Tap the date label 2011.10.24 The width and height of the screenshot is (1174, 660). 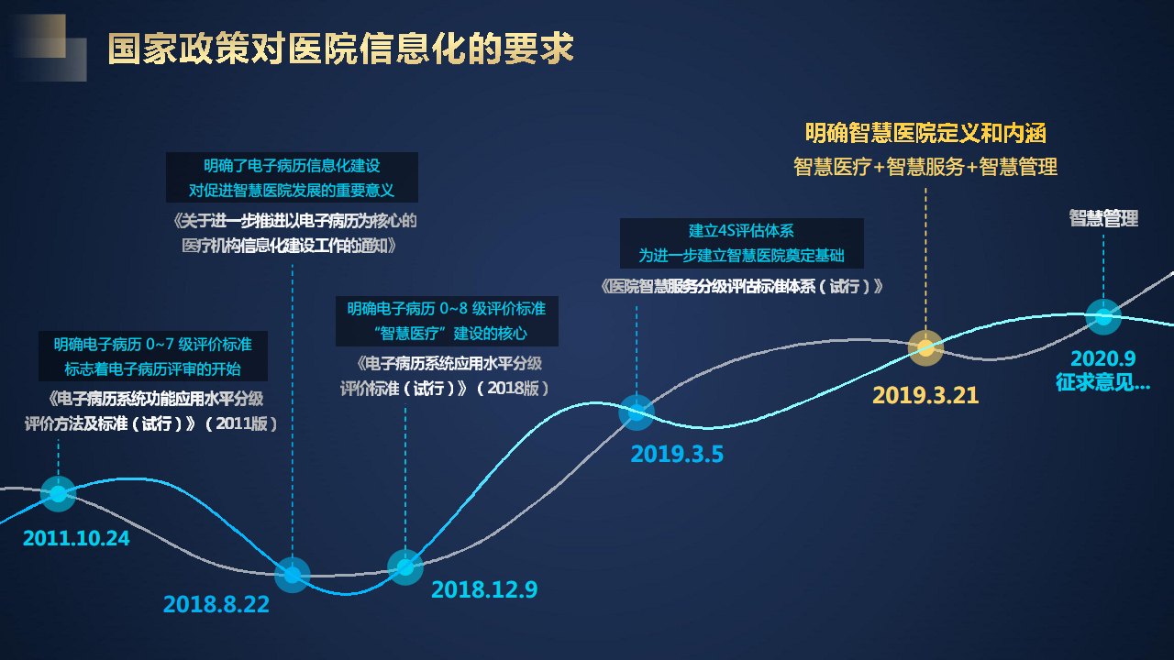pyautogui.click(x=76, y=538)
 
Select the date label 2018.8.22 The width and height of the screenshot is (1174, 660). pyautogui.click(x=216, y=604)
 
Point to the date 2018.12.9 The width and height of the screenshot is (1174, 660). pyautogui.click(x=484, y=589)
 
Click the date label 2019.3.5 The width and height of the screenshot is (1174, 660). pyautogui.click(x=677, y=453)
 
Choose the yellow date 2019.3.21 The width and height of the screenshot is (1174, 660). pyautogui.click(x=925, y=395)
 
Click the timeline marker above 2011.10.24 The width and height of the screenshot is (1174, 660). pyautogui.click(x=58, y=493)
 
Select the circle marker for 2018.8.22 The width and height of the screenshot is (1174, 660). pyautogui.click(x=293, y=575)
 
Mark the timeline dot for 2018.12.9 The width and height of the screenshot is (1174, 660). pyautogui.click(x=405, y=567)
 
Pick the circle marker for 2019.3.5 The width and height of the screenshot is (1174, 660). pyautogui.click(x=637, y=412)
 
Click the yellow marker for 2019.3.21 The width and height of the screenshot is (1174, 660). pyautogui.click(x=925, y=347)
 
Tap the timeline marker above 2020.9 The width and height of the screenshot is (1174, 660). pyautogui.click(x=1103, y=316)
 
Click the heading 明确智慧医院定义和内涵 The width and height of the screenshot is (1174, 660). pyautogui.click(x=925, y=133)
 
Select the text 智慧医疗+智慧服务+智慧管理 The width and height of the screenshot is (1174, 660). pyautogui.click(x=925, y=167)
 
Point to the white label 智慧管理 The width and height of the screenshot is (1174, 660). pyautogui.click(x=1103, y=218)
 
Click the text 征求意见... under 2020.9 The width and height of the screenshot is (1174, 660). pyautogui.click(x=1102, y=383)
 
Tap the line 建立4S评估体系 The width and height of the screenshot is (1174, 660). pyautogui.click(x=741, y=231)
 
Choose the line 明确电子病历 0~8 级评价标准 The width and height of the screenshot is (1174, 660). pyautogui.click(x=446, y=309)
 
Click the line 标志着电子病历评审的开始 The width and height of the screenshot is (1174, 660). pyautogui.click(x=152, y=368)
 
